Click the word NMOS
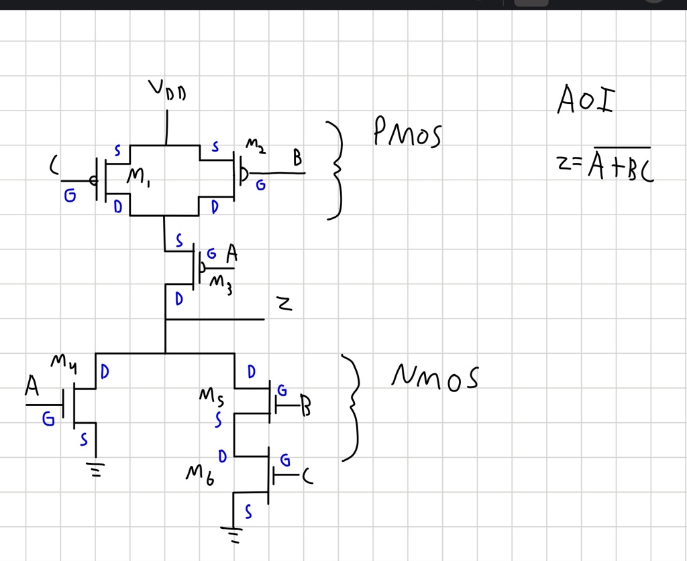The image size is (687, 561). coord(435,378)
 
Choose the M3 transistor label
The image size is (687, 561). coord(221,284)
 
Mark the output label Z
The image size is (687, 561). coord(285,305)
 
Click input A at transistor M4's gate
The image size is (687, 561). coord(32,387)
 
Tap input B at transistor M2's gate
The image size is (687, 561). coord(297,159)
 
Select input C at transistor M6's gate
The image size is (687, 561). coord(307,476)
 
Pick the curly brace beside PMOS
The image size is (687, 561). coord(337,170)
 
